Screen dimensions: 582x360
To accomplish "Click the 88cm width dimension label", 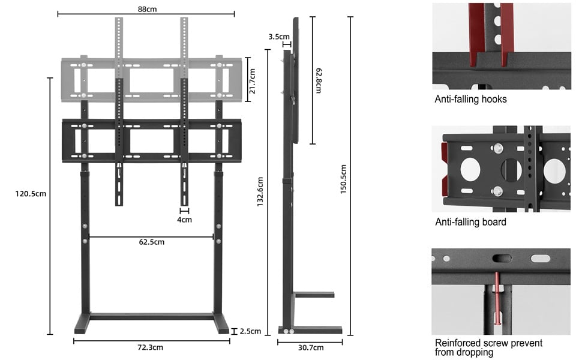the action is click(x=147, y=9).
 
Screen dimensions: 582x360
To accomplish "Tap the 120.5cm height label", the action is click(x=31, y=193).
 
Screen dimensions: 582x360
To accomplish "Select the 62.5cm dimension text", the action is click(x=151, y=242).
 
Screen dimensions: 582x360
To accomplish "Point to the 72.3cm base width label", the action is click(x=150, y=347).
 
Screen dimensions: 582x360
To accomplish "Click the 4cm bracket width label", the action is click(x=184, y=220).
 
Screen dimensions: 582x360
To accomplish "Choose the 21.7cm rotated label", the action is click(x=253, y=81).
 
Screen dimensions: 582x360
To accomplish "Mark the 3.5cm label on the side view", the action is click(x=279, y=37).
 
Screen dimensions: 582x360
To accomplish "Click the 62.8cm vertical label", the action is click(x=319, y=80).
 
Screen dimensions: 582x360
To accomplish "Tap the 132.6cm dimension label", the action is click(x=260, y=191).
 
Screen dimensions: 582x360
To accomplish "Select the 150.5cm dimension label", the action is click(x=343, y=179).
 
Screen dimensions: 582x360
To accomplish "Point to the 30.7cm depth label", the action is click(x=311, y=348).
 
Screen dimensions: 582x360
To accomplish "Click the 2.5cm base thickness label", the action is click(x=250, y=331).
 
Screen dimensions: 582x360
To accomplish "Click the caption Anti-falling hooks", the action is click(x=470, y=99).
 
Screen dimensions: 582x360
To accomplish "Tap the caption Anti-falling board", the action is click(x=470, y=222).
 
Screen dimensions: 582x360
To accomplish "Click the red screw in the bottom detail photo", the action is click(x=497, y=298).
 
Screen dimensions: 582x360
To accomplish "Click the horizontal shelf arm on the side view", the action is click(x=314, y=295).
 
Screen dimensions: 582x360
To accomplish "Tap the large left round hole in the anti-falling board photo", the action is click(x=470, y=170).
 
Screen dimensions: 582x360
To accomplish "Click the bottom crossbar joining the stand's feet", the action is click(x=152, y=317).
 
